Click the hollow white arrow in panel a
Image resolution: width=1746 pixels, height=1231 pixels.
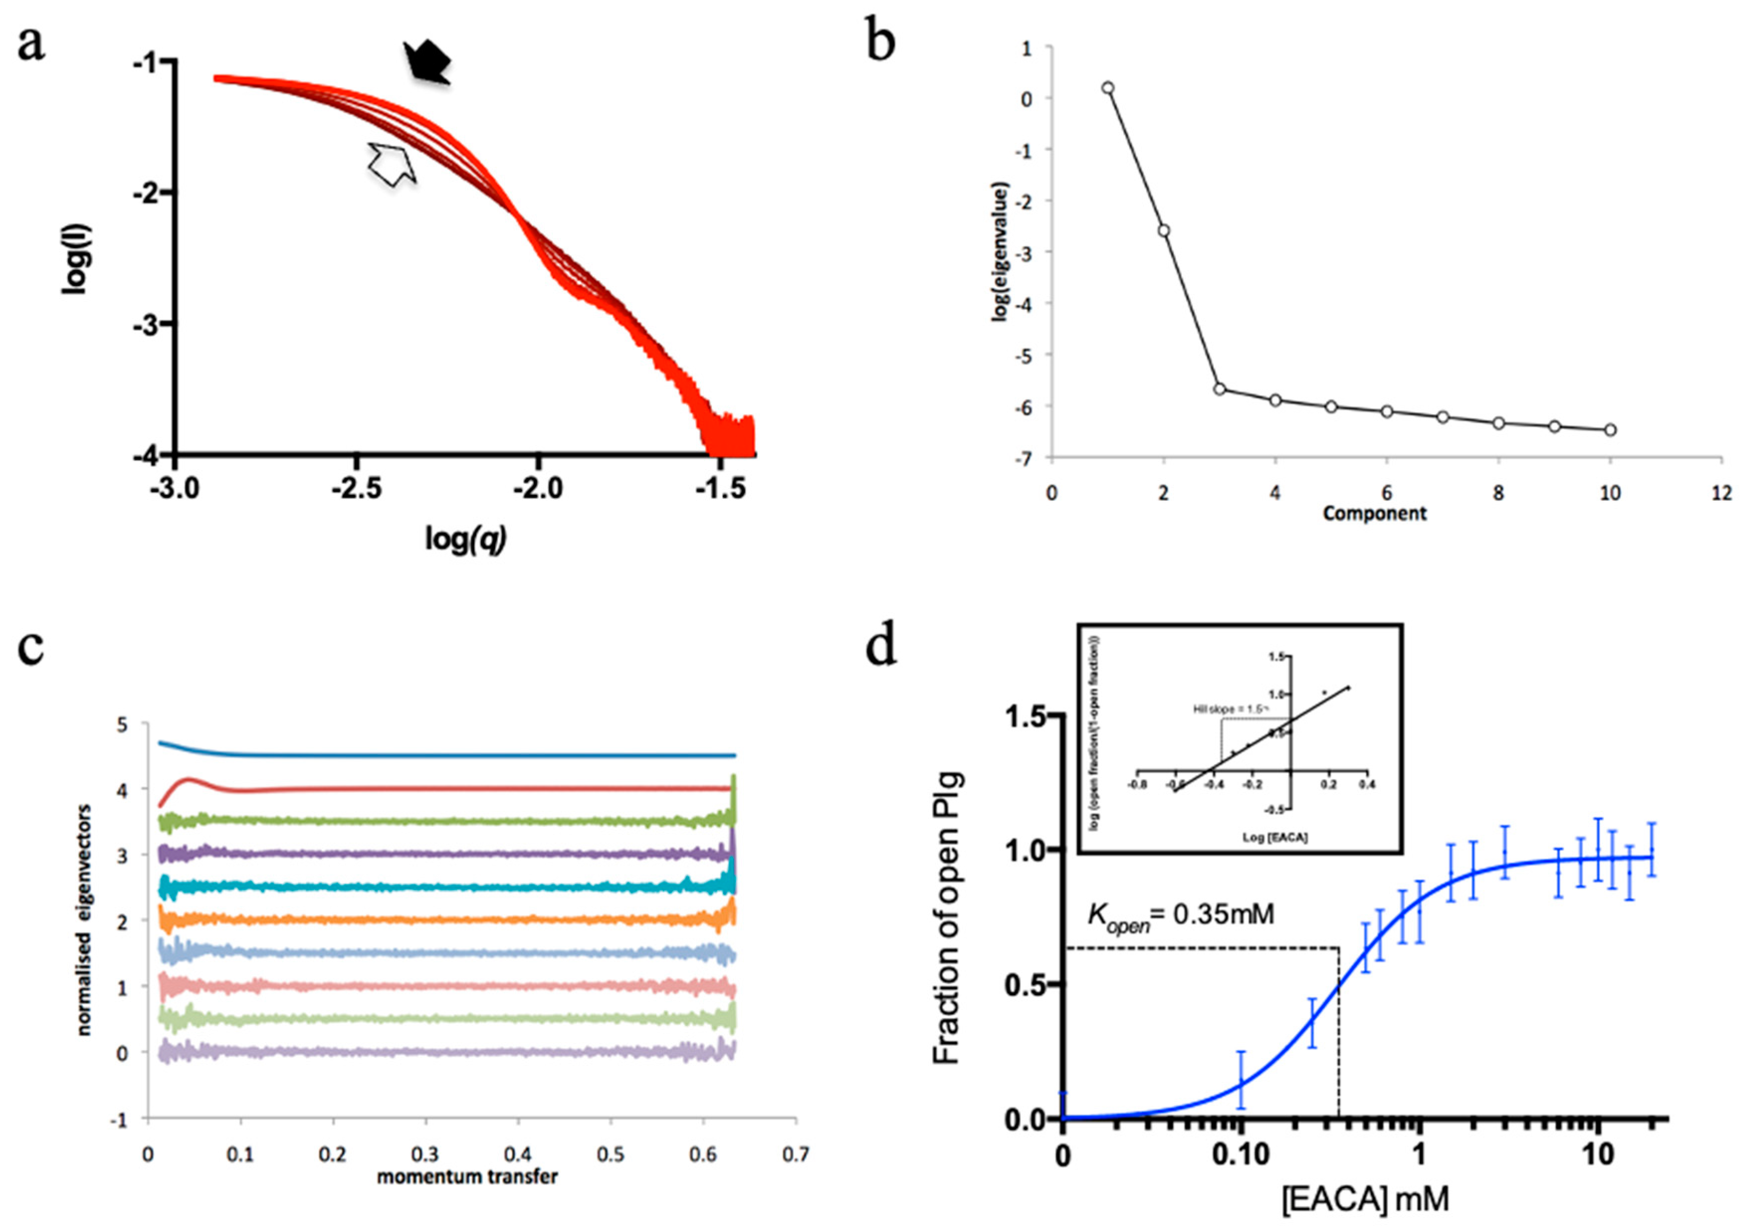point(392,163)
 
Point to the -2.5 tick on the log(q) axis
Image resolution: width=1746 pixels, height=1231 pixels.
point(357,487)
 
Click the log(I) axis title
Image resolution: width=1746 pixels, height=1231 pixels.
point(76,259)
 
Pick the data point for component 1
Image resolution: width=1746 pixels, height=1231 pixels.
point(1108,88)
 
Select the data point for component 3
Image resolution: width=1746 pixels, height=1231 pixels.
point(1220,388)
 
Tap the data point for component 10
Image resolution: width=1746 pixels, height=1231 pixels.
point(1610,430)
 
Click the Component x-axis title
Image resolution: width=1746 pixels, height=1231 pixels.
point(1374,513)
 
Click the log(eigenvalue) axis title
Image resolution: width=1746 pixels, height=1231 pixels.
point(1002,251)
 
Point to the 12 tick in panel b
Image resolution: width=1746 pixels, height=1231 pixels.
point(1722,493)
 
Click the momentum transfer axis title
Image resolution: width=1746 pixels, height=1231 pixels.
point(467,1176)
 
